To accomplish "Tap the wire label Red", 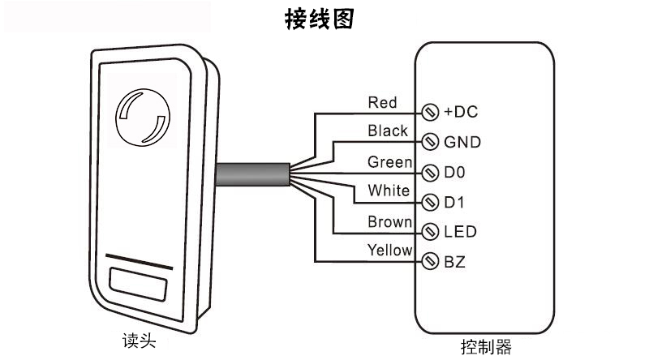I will (x=382, y=102).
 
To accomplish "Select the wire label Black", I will (x=388, y=130).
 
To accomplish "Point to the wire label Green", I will (x=389, y=161).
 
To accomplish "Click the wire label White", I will (x=389, y=191).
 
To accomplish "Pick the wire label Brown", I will (x=389, y=221).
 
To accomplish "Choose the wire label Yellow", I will (x=389, y=250).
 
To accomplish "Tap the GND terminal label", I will (x=462, y=142).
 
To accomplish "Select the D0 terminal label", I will (x=455, y=172).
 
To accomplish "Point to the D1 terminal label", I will (x=454, y=201).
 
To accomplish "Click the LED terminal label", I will (x=460, y=232).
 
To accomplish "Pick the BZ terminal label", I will (x=455, y=261).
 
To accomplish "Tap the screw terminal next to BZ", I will (x=431, y=261).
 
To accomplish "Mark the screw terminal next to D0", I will (x=431, y=172).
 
